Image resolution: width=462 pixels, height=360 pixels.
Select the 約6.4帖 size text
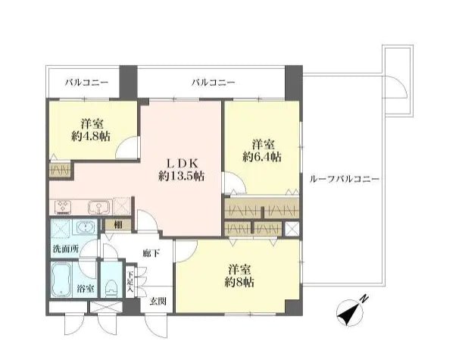tap(262, 157)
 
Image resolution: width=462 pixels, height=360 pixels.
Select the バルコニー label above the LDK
tap(213, 82)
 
